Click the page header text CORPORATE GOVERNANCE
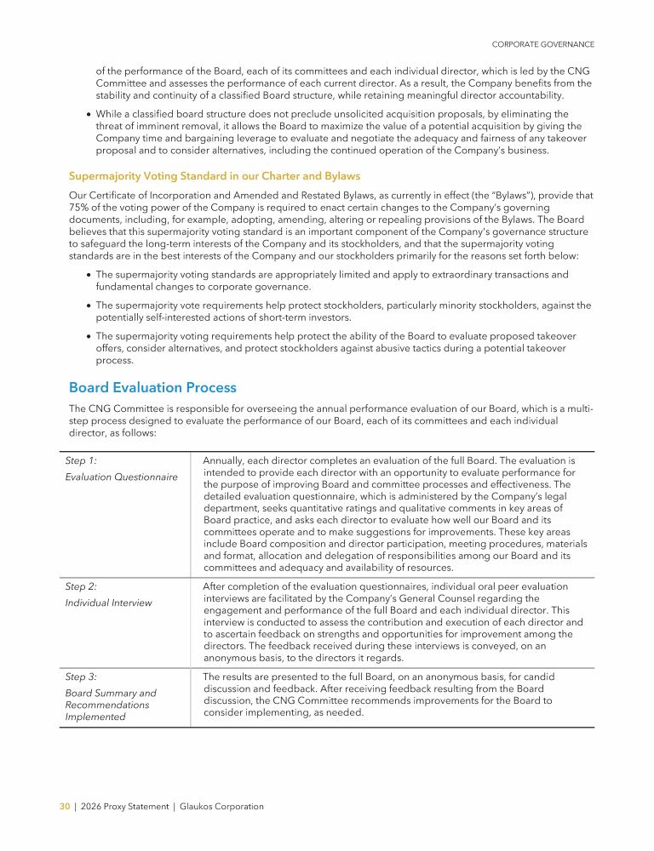click(x=543, y=44)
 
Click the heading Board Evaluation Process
click(x=152, y=388)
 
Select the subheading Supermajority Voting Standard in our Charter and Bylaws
click(x=214, y=176)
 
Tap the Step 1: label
click(x=81, y=460)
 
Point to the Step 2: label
click(x=81, y=586)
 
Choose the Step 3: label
click(x=81, y=677)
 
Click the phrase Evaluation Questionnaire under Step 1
click(x=121, y=477)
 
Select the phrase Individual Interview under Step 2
click(x=108, y=603)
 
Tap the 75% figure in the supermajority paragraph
click(x=79, y=207)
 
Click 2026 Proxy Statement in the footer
click(x=123, y=807)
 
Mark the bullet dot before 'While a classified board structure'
click(x=89, y=114)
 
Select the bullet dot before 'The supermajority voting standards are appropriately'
click(x=89, y=275)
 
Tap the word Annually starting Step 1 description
click(x=228, y=460)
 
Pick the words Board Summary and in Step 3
click(x=111, y=693)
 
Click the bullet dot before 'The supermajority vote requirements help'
click(x=89, y=305)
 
